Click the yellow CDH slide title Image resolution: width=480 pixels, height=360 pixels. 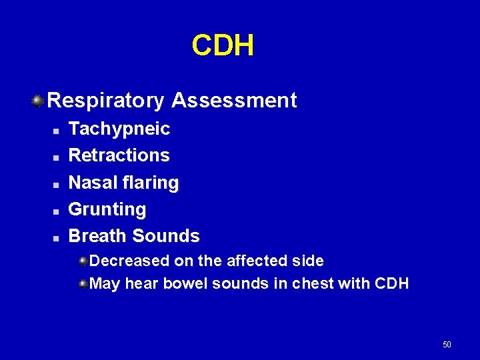(223, 46)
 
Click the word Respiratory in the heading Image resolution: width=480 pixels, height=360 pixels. (106, 101)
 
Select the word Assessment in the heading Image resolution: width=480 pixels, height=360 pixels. (234, 101)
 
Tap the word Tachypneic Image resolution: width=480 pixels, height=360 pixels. (119, 129)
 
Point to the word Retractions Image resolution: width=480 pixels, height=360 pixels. (119, 155)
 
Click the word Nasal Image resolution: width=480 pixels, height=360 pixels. (93, 183)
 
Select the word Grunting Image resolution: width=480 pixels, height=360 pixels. (107, 209)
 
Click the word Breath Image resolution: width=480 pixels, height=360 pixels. (98, 236)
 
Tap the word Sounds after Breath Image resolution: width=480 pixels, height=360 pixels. (166, 236)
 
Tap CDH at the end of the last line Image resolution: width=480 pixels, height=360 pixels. (392, 284)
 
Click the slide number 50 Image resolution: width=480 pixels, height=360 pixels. (447, 345)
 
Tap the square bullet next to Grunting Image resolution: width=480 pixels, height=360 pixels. (57, 211)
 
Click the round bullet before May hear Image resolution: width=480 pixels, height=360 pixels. (83, 284)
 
